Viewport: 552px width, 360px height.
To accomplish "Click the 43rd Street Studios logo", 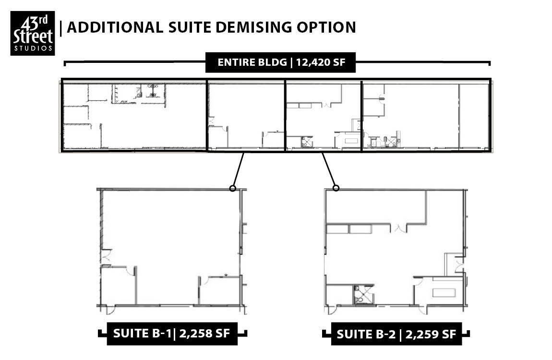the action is coord(32,33).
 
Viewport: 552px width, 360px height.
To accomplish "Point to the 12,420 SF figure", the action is coord(321,62).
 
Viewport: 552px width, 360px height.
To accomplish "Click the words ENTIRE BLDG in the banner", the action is coord(252,62).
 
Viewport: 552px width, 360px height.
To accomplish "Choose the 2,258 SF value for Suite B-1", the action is coord(204,333).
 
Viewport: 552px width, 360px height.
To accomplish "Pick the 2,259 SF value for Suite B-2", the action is coord(431,334).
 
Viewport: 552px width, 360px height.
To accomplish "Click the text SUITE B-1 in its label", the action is coord(142,333).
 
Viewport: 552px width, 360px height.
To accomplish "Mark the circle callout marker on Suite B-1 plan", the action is coord(232,188).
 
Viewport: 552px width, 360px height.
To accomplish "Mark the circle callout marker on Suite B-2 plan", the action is coord(336,188).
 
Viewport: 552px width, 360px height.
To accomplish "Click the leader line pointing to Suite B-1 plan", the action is coord(239,169).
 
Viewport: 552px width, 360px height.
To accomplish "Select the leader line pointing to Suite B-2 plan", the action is coord(329,169).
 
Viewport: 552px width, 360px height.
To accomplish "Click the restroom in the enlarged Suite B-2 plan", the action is coord(363,294).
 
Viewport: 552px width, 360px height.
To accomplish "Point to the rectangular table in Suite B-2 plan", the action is coord(444,293).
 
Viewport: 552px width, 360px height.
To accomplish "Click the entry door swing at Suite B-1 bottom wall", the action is coord(110,310).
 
